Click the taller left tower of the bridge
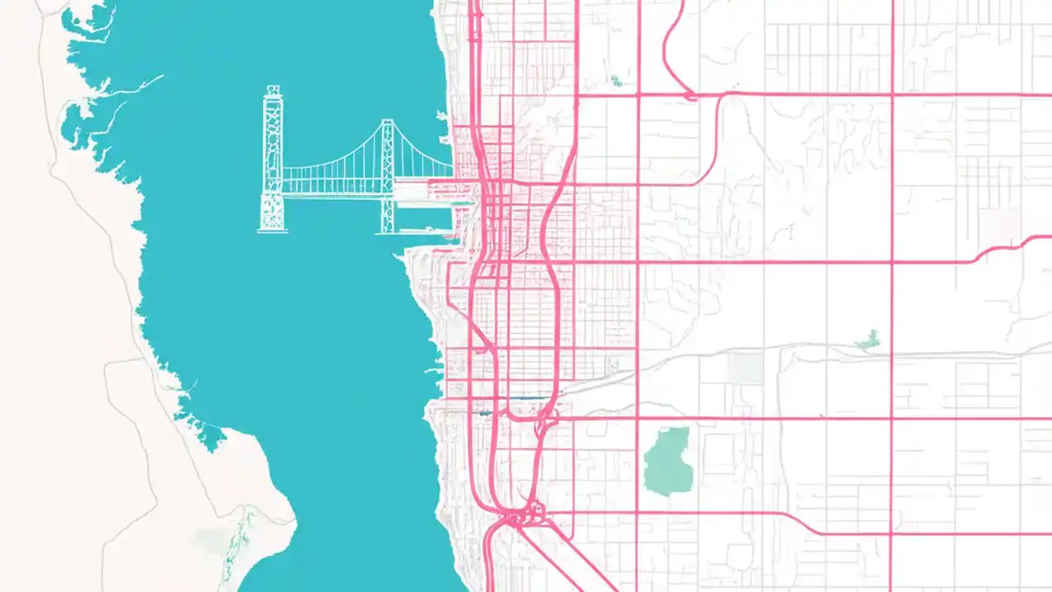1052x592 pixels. coord(271,156)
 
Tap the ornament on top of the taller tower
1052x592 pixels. coord(271,88)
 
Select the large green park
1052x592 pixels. coord(667,460)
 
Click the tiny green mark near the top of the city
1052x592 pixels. coord(616,81)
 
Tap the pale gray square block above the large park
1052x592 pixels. coord(745,368)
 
